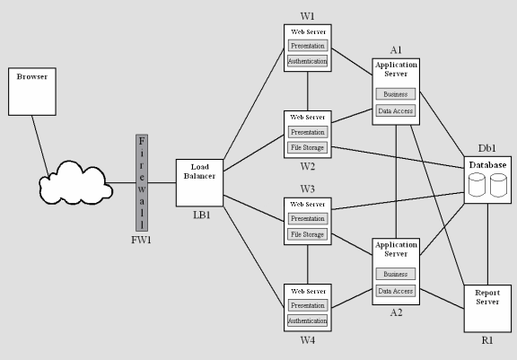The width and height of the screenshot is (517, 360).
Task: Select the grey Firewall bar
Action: click(141, 183)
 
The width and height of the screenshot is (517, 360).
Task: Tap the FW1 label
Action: click(141, 240)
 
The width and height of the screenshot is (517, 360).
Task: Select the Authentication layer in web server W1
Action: click(307, 60)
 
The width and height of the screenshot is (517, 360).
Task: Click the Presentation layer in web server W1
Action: click(307, 45)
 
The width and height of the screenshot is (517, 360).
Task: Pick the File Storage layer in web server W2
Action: click(307, 147)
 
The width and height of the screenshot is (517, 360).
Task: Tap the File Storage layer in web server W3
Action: click(307, 233)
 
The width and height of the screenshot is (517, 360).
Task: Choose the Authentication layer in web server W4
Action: click(307, 320)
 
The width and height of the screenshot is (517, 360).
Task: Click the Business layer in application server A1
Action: click(395, 93)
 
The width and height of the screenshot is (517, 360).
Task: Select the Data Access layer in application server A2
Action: click(395, 290)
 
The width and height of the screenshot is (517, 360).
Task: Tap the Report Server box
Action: click(487, 306)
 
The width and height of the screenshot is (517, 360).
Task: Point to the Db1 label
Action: click(486, 149)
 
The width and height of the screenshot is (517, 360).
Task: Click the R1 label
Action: click(487, 342)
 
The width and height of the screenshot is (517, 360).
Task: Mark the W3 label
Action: click(308, 189)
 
